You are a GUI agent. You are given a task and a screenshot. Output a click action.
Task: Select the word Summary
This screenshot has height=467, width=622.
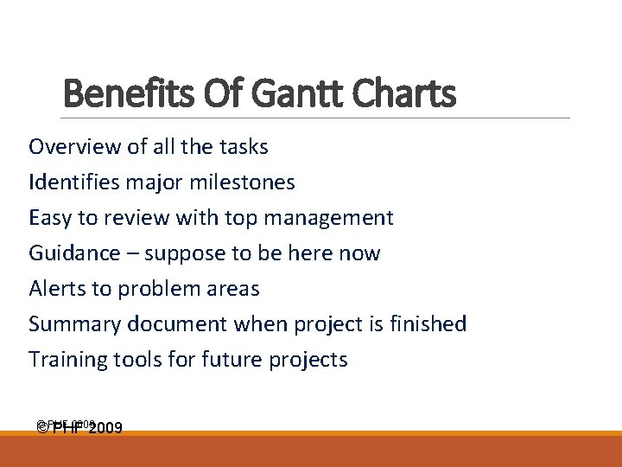(x=74, y=324)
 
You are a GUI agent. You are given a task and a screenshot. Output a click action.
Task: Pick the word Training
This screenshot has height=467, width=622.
(x=67, y=360)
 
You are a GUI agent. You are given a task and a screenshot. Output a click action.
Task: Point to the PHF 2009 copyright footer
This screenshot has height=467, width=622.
(x=80, y=427)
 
